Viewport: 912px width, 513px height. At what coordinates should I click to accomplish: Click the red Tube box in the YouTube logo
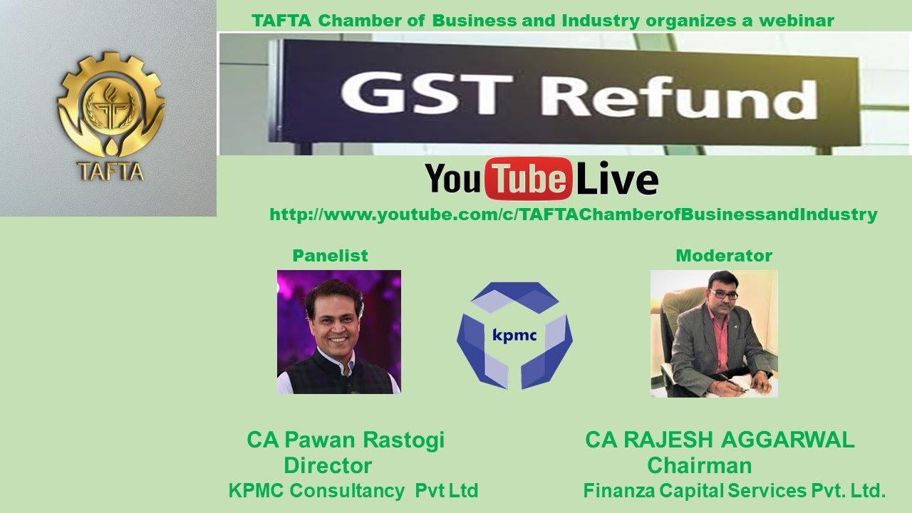click(x=529, y=179)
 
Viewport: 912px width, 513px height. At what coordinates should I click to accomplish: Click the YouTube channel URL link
click(x=573, y=214)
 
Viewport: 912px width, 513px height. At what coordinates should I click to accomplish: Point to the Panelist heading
click(x=330, y=256)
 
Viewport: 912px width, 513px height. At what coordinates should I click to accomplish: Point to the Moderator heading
click(x=723, y=256)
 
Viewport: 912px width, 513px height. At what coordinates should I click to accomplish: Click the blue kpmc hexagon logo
click(x=514, y=335)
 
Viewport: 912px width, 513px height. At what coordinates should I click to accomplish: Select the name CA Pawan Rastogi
click(x=346, y=440)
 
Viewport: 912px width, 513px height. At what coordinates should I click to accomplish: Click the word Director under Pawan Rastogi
click(x=328, y=466)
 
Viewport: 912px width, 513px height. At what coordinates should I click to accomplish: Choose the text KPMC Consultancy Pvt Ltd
click(x=353, y=491)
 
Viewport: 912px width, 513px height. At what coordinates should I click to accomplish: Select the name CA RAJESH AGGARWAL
click(x=720, y=440)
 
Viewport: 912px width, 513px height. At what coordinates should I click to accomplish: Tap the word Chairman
click(x=699, y=466)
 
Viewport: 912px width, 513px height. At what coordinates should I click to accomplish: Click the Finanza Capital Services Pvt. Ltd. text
click(x=734, y=491)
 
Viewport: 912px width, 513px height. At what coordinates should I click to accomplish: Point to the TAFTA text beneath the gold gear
click(x=111, y=172)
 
